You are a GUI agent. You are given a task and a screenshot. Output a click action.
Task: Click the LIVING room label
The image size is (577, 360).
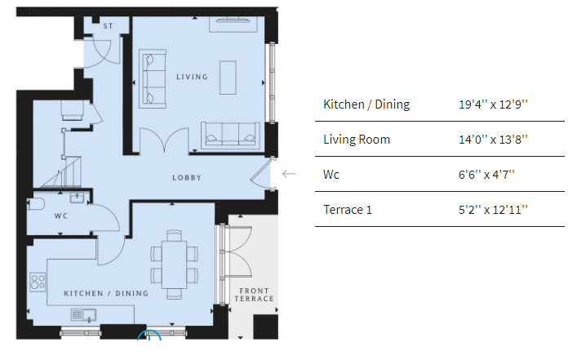pos(192,77)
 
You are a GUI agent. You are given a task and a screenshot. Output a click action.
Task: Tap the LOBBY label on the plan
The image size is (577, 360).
pos(187,178)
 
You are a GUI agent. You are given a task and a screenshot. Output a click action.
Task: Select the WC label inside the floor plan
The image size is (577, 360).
pos(61,216)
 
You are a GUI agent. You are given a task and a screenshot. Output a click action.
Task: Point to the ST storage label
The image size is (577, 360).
pos(108,26)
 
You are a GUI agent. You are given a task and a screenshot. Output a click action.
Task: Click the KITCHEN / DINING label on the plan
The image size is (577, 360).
pos(106,293)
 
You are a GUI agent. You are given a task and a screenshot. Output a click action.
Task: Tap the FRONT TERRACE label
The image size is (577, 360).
pos(255,295)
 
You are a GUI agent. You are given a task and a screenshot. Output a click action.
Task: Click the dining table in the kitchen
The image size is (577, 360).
pos(174,264)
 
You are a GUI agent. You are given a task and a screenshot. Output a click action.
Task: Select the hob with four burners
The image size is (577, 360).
pos(38,282)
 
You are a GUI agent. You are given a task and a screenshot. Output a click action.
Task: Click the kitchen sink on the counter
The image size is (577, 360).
pos(83,315)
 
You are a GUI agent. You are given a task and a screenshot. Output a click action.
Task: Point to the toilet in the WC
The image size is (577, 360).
pos(36,204)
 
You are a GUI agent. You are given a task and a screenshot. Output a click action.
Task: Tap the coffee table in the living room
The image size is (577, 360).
pos(228,78)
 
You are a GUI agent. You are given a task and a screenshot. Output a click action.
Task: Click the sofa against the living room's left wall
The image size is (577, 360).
pos(153,78)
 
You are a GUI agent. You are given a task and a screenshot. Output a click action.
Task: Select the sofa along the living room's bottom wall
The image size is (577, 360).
pos(230,135)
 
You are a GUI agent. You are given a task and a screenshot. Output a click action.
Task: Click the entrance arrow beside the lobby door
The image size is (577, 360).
pos(289,174)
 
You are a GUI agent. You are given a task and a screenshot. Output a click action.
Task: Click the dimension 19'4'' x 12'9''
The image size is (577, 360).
pos(493,104)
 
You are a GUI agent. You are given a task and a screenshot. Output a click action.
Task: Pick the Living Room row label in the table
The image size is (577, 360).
pos(357,140)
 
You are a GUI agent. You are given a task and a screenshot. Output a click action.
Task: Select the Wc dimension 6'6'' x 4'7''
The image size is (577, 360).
pos(486,175)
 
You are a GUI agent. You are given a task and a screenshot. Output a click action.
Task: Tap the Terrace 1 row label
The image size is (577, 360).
pos(348,210)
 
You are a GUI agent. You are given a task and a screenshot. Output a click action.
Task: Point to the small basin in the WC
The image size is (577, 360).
pos(78,198)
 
